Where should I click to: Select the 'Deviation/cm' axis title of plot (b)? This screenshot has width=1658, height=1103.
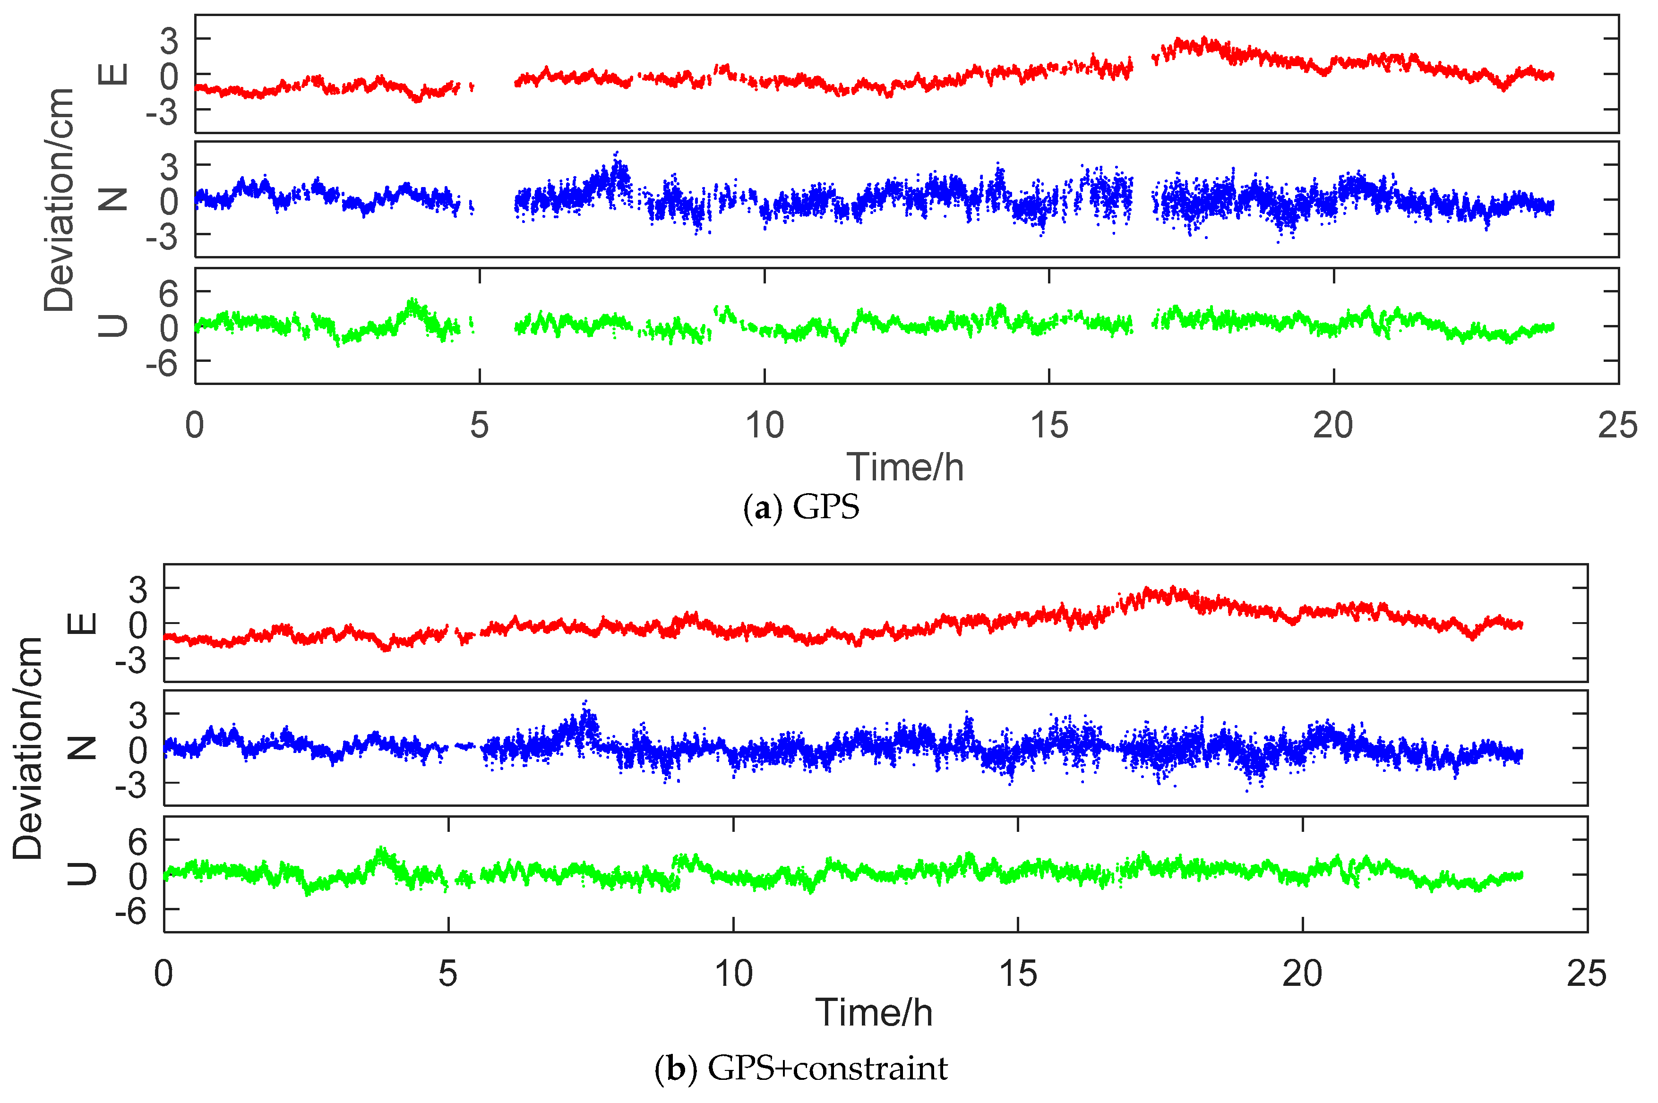28,748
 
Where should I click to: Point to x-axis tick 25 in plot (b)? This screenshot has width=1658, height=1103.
1586,974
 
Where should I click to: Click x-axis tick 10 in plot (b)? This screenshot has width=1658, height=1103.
733,974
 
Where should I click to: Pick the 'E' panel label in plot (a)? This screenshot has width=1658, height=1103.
112,74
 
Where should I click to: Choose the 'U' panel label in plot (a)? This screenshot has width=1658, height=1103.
112,325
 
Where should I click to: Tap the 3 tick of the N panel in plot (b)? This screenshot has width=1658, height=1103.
138,715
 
